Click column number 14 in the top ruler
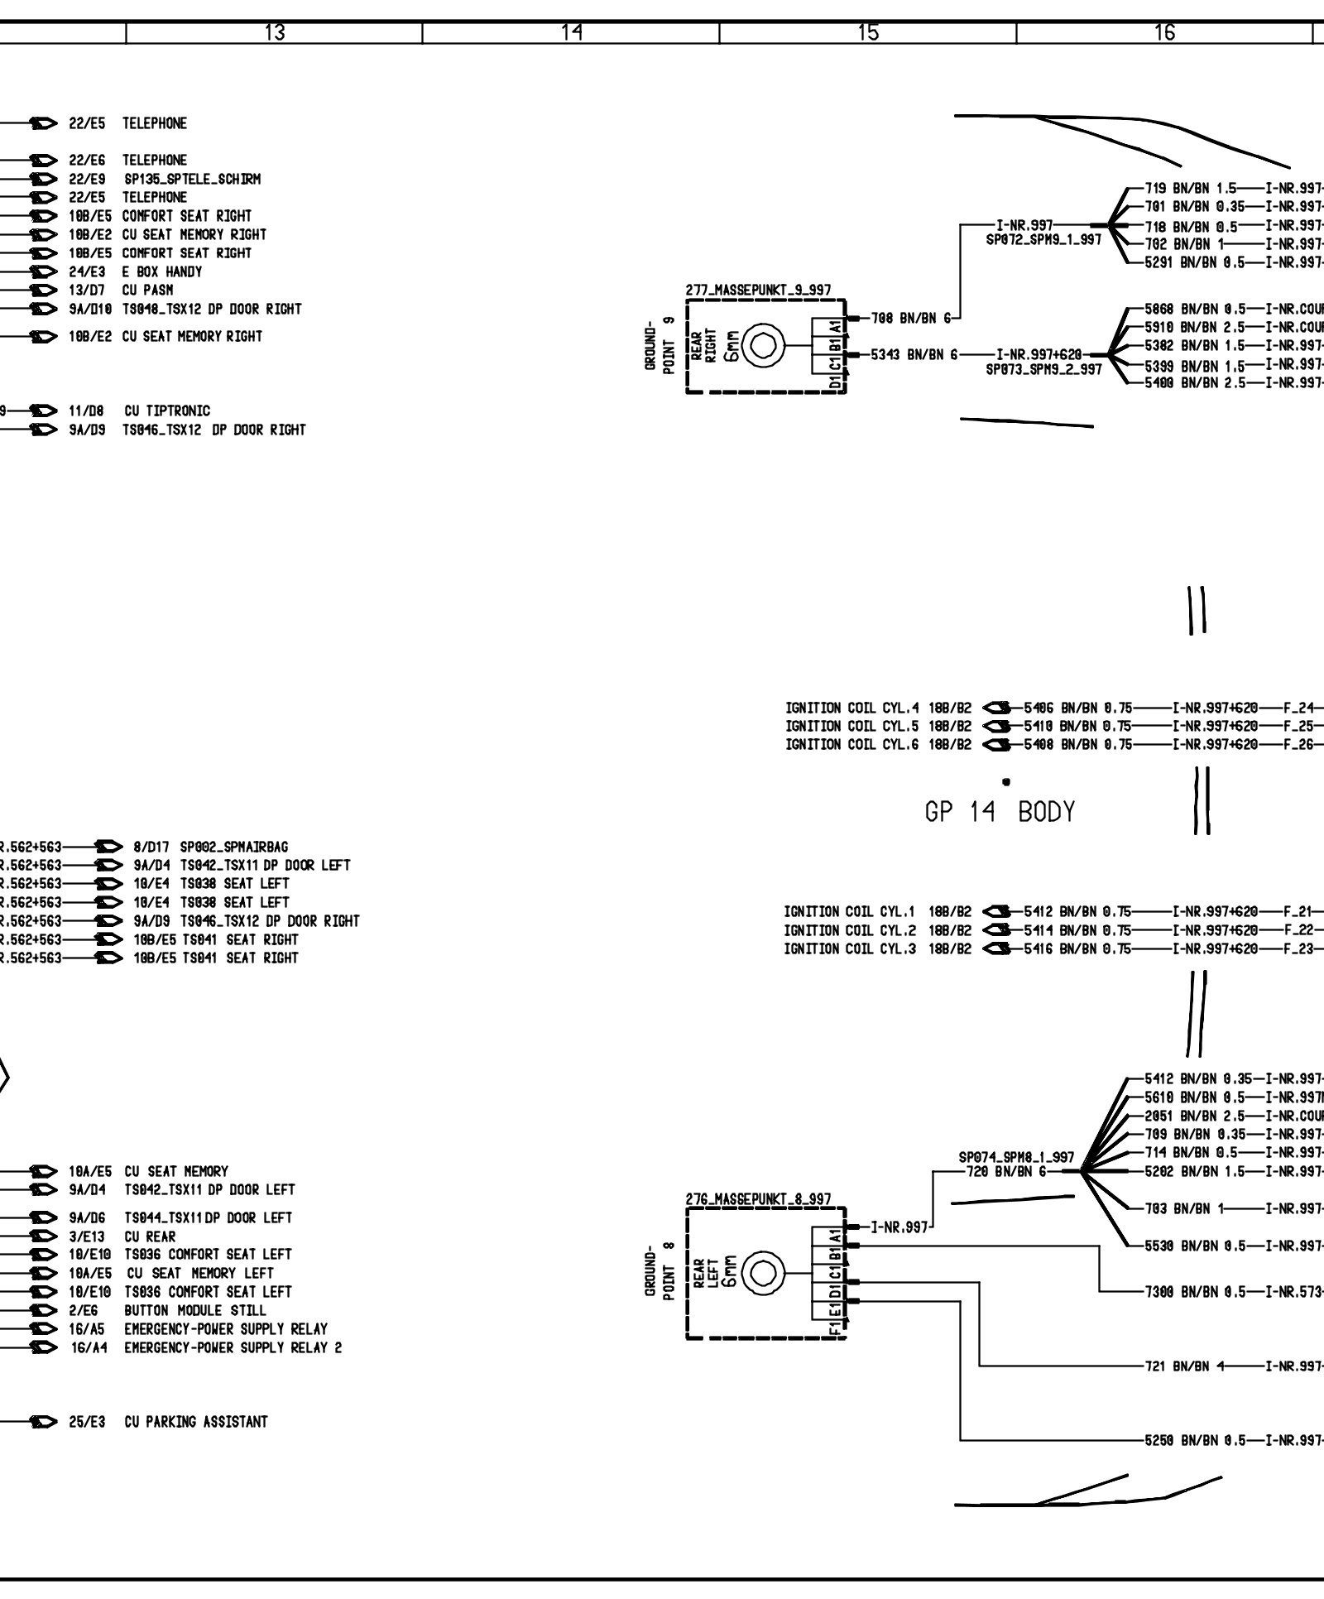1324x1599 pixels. pyautogui.click(x=571, y=32)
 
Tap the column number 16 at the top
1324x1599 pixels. pyautogui.click(x=1164, y=32)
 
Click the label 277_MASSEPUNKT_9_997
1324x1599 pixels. pyautogui.click(x=759, y=290)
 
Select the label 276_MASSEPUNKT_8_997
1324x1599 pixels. pyautogui.click(x=759, y=1199)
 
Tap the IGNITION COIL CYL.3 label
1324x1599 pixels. pyautogui.click(x=850, y=949)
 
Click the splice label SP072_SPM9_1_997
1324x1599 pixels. pyautogui.click(x=1043, y=238)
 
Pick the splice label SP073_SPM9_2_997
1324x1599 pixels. pyautogui.click(x=1043, y=369)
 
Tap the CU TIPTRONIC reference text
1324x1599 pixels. pyautogui.click(x=167, y=411)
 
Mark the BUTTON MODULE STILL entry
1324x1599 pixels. pyautogui.click(x=195, y=1333)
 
